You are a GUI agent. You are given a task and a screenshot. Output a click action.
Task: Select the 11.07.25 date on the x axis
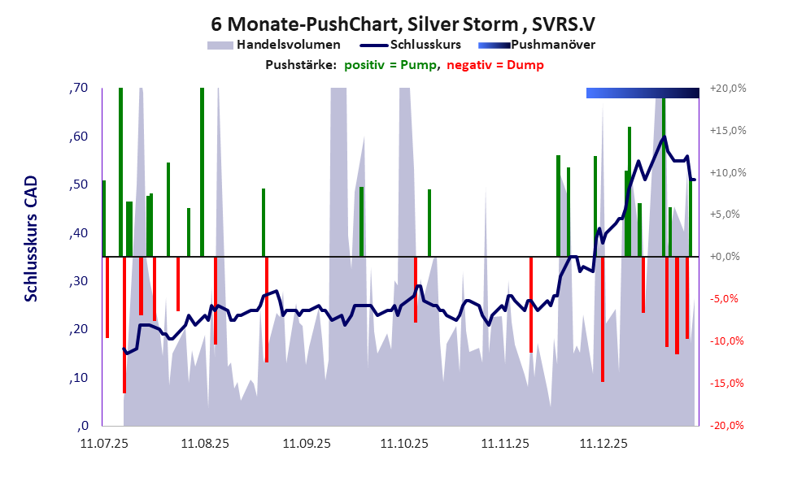click(x=103, y=444)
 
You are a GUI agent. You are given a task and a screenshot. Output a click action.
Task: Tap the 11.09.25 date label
click(x=307, y=444)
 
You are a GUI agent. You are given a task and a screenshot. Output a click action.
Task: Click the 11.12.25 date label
click(x=603, y=444)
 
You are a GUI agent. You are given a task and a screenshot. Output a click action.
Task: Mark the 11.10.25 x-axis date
click(x=404, y=444)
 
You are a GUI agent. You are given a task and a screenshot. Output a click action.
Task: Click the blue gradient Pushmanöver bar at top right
click(x=642, y=93)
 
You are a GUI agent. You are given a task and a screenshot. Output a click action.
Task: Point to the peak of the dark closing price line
click(x=664, y=137)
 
